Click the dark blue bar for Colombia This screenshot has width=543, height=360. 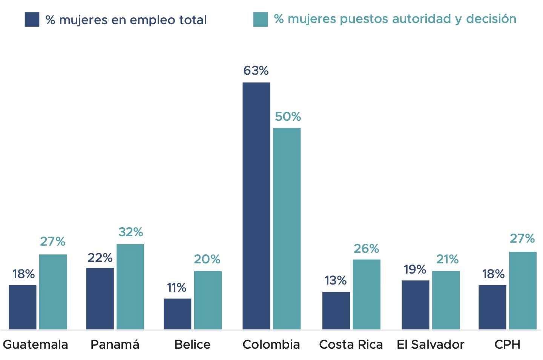coord(256,206)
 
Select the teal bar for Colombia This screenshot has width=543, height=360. coord(287,229)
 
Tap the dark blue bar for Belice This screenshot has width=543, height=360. coord(177,314)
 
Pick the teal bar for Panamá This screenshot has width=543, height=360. coord(130,287)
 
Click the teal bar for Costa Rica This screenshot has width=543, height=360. coord(367,294)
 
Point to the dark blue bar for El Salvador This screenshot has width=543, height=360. coord(415,305)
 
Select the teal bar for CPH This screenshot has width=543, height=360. coord(523,291)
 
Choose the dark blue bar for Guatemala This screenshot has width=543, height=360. coord(23,307)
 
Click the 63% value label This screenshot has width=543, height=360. coord(256,71)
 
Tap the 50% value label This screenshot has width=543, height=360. coord(288,117)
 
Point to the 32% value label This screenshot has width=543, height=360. coord(130,232)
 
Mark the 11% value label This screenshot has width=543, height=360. coord(176,288)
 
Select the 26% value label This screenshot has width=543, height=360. coord(366,249)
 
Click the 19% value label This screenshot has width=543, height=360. coord(415,269)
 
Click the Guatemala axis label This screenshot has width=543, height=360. coord(35,345)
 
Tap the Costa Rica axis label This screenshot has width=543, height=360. coord(351,345)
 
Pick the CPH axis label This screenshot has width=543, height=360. coord(507,345)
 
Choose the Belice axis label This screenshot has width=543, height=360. coord(192,345)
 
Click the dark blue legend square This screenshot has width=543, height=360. coord(32,20)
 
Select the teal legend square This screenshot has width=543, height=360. coord(261,20)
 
